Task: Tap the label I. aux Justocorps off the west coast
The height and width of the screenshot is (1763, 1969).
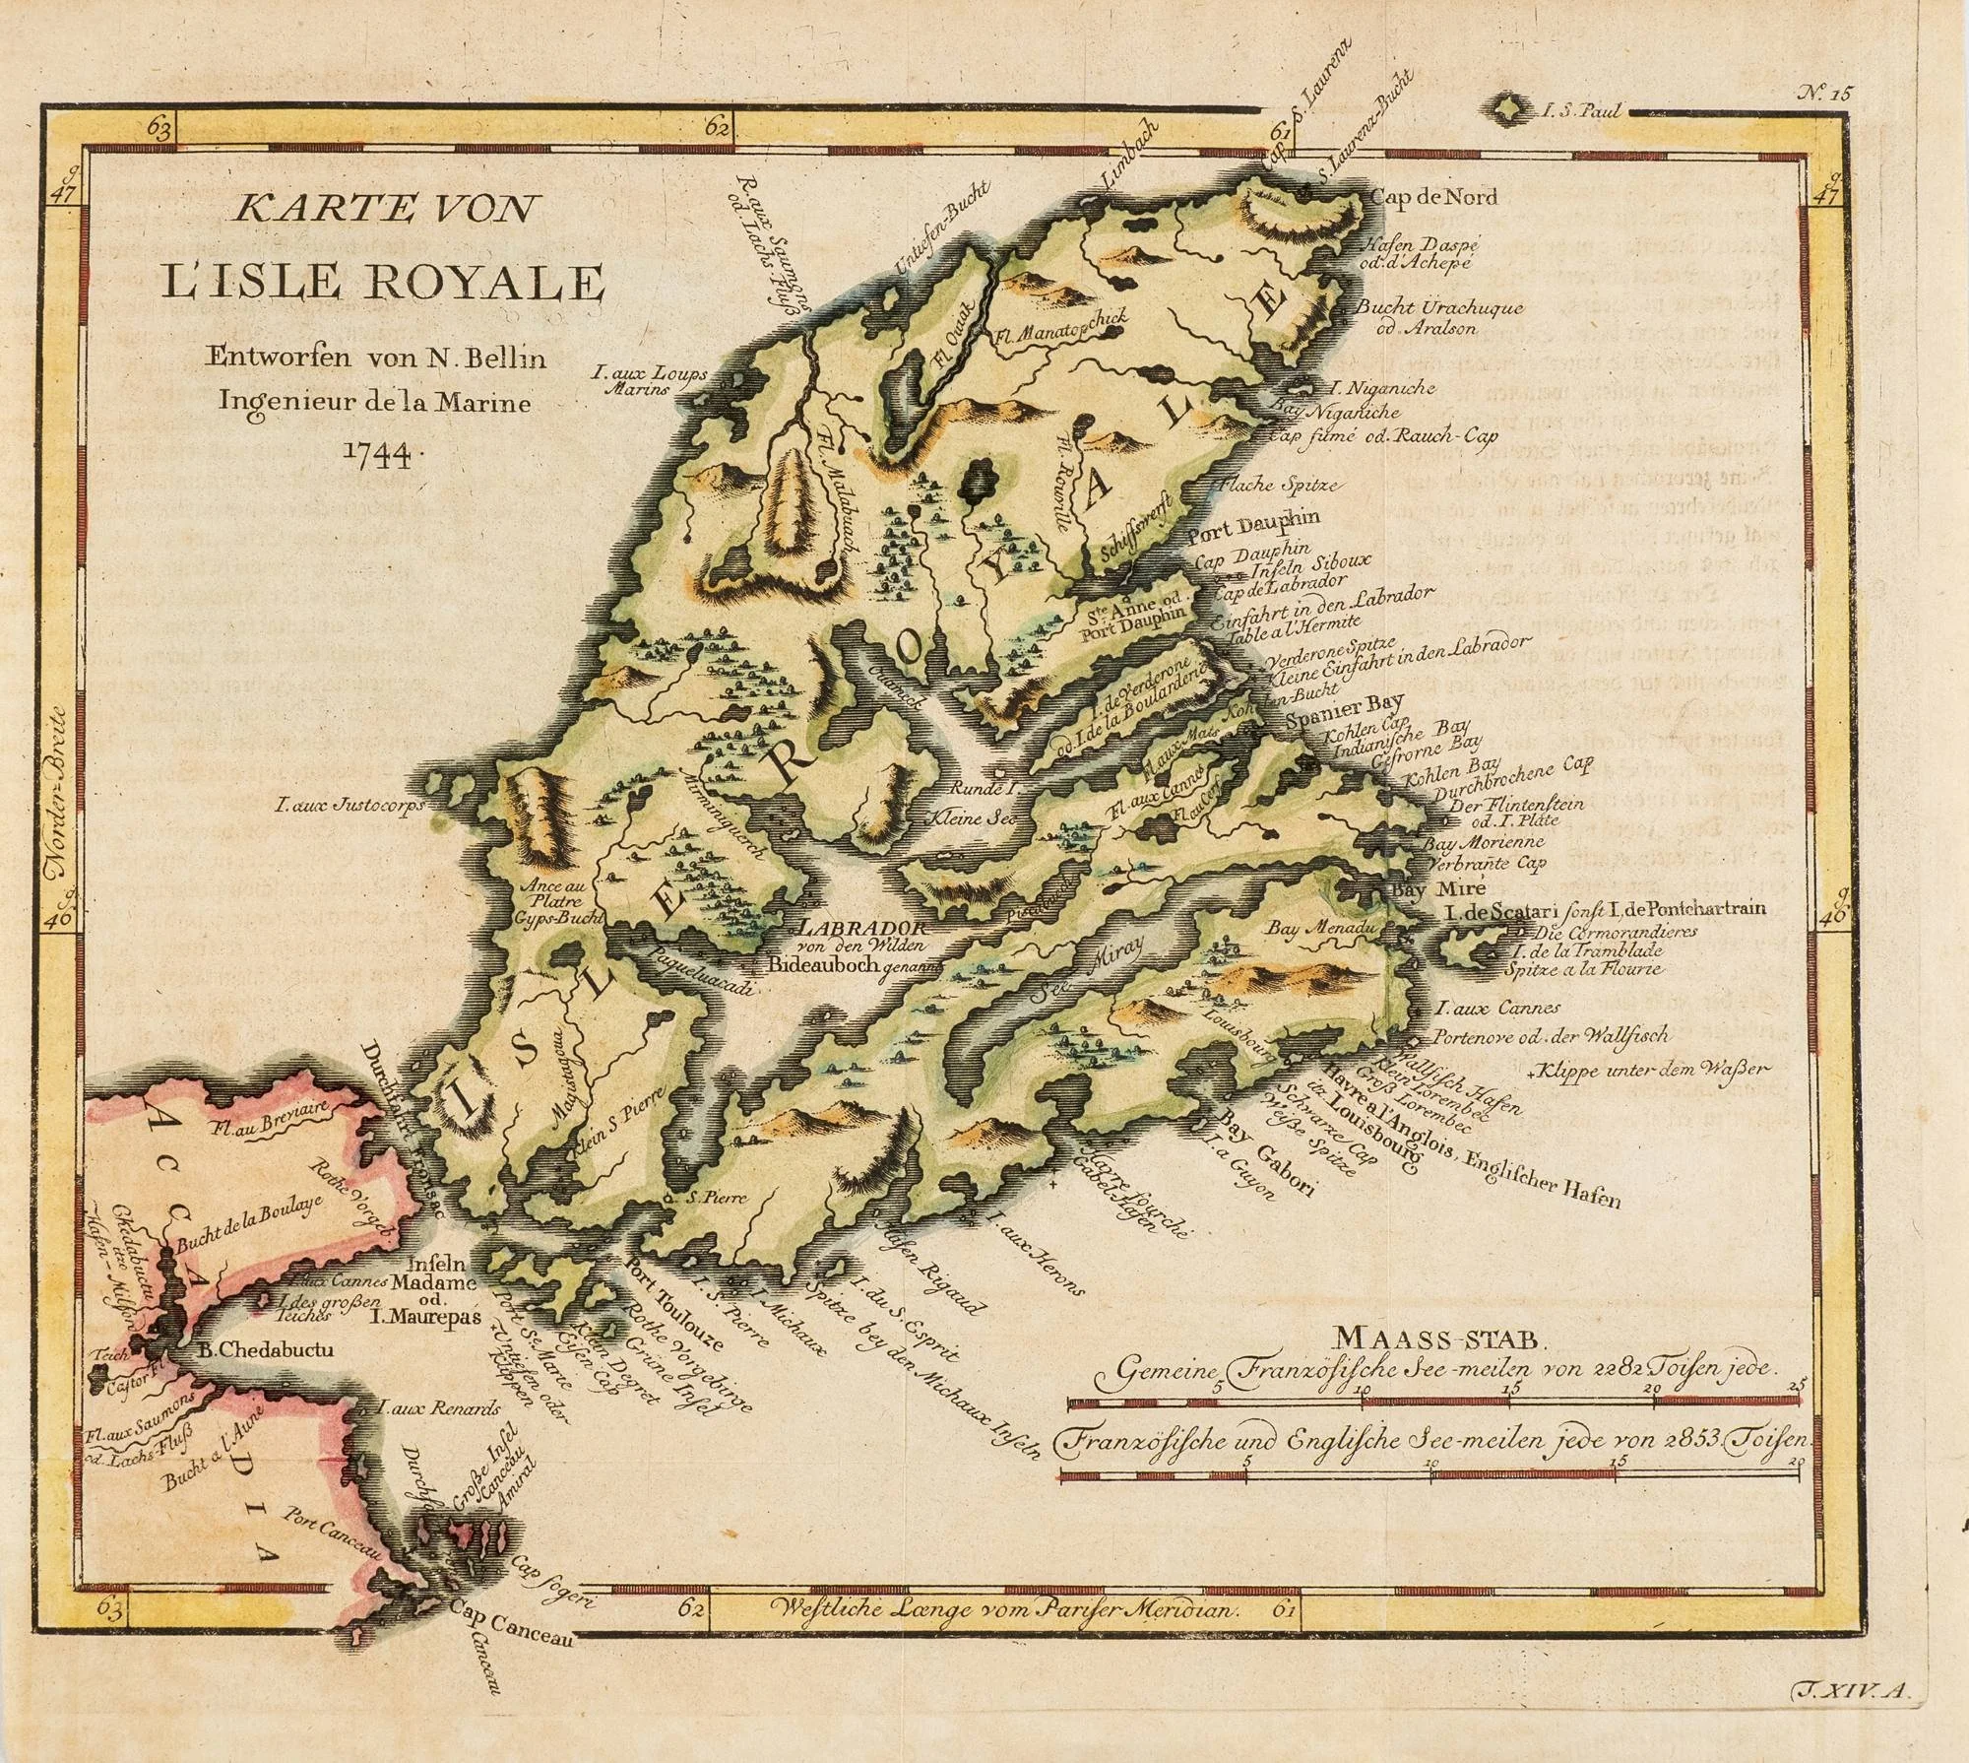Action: (x=349, y=806)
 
